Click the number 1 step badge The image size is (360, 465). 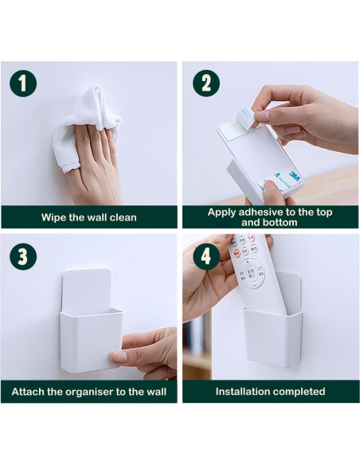point(22,82)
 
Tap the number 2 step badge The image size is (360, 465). point(205,82)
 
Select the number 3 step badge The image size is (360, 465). point(22,256)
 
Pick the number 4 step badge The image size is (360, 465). point(205,256)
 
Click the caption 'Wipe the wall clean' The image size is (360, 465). point(89,217)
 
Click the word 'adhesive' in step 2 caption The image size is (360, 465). point(261,212)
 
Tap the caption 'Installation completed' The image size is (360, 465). point(270,392)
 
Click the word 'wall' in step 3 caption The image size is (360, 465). point(151,392)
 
